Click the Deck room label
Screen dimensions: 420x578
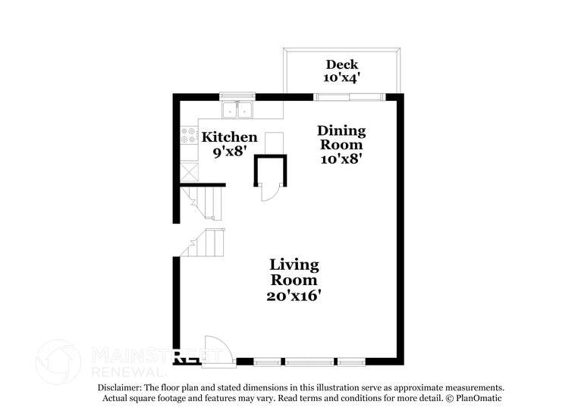coord(341,64)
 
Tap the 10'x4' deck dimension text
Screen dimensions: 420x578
coord(341,78)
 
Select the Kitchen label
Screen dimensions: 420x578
coord(229,137)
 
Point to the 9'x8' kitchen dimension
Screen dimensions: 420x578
coord(229,151)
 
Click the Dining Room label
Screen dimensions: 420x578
coord(341,137)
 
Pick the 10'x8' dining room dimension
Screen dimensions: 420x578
coord(341,158)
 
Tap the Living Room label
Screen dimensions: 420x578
coord(294,272)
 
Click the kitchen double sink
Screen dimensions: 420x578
coord(238,110)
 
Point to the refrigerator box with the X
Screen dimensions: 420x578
coord(187,169)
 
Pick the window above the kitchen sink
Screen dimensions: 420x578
coord(238,96)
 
